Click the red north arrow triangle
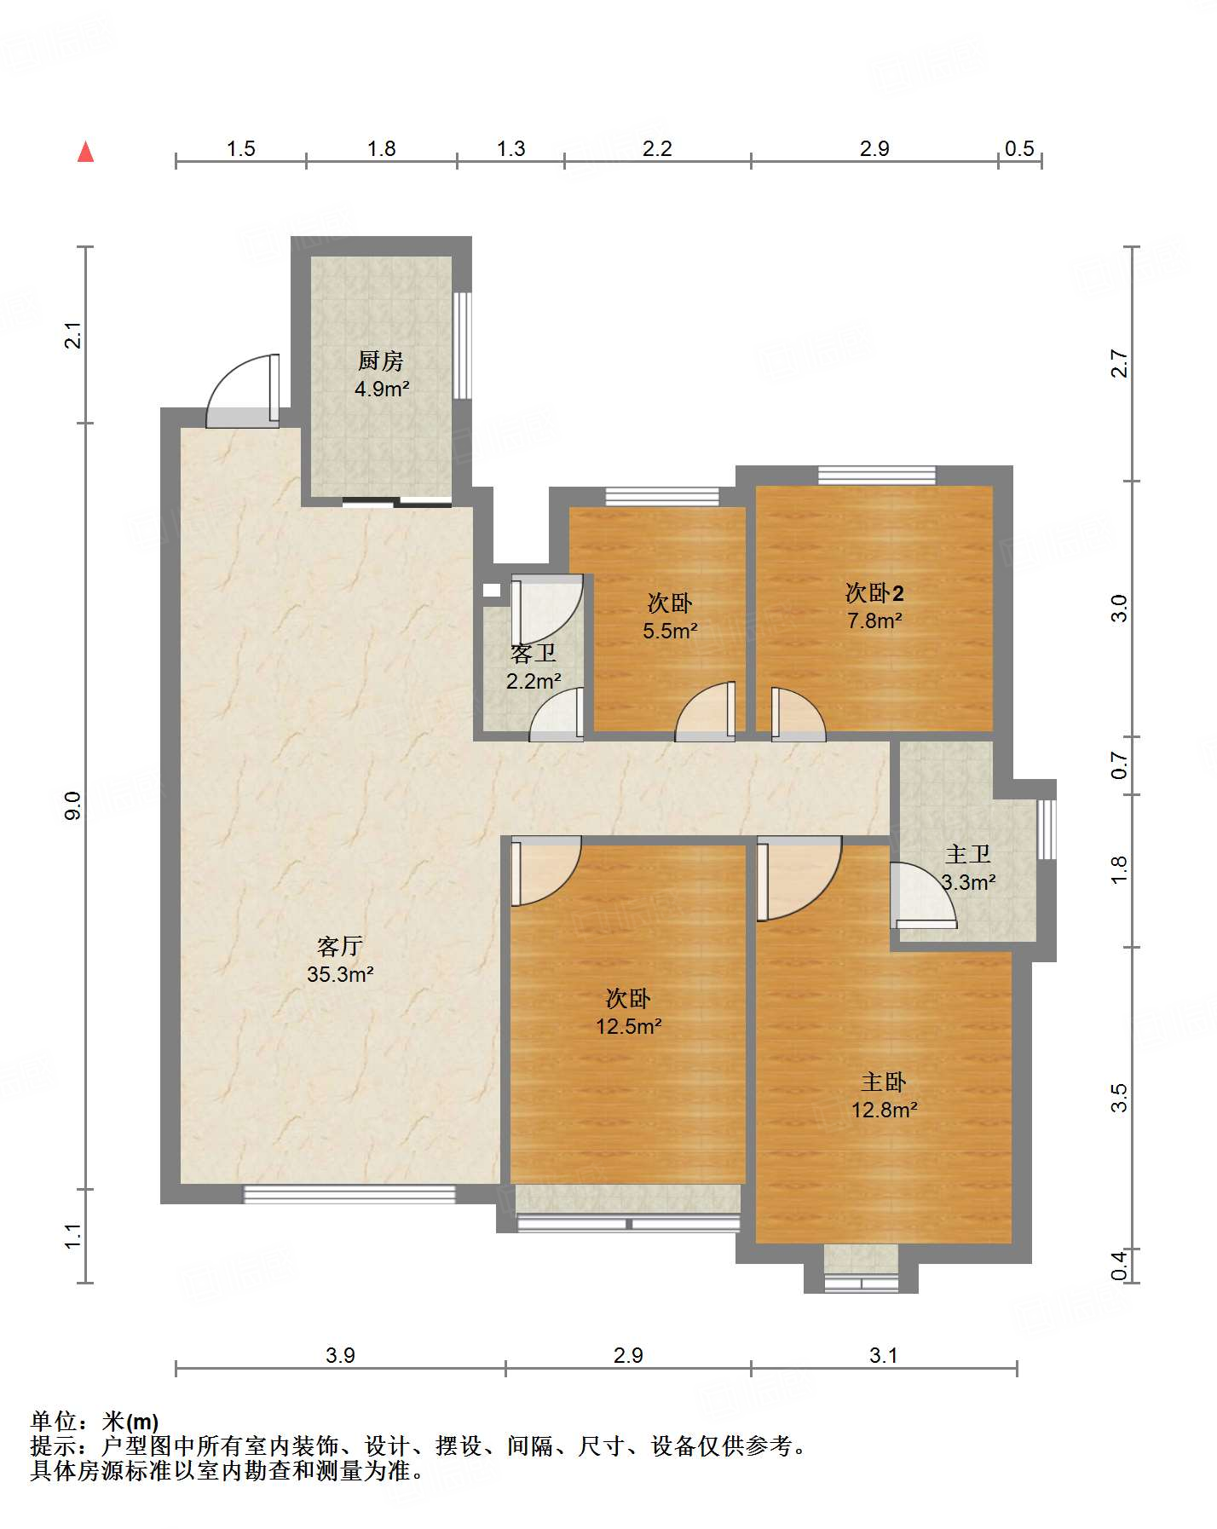click(x=85, y=152)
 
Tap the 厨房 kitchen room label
click(x=380, y=361)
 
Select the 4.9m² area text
click(x=382, y=389)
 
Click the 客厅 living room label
click(x=340, y=946)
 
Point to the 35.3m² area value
click(x=341, y=974)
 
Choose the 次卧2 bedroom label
click(x=874, y=592)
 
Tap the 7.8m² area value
click(x=874, y=620)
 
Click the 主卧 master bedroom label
click(x=883, y=1082)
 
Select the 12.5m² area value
click(x=629, y=1026)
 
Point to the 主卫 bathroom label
click(x=968, y=854)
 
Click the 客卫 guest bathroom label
click(x=534, y=654)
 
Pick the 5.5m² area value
click(x=671, y=632)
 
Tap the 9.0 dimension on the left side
click(x=73, y=805)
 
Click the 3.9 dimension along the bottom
click(x=340, y=1355)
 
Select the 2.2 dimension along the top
click(x=657, y=149)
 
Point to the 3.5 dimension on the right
click(x=1119, y=1097)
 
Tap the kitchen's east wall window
click(x=462, y=345)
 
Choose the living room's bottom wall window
click(x=349, y=1195)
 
